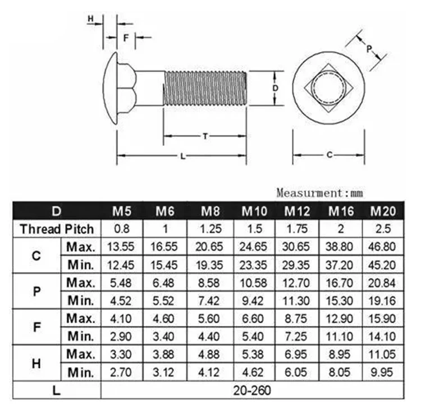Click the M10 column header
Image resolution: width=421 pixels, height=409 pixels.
click(x=254, y=212)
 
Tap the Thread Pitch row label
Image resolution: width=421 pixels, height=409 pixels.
click(x=57, y=229)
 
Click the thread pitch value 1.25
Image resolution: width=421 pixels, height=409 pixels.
click(x=210, y=229)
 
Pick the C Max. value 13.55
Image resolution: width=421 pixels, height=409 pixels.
click(x=122, y=247)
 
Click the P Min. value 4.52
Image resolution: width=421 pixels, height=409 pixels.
click(x=122, y=300)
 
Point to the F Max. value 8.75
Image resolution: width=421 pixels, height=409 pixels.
click(x=297, y=318)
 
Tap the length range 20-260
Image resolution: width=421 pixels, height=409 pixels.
click(x=253, y=390)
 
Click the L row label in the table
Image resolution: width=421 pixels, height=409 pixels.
click(x=57, y=390)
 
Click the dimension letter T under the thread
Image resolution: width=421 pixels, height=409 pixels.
click(x=205, y=136)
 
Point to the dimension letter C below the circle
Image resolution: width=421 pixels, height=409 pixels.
click(x=330, y=154)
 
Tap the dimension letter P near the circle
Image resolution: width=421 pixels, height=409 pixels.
click(x=369, y=49)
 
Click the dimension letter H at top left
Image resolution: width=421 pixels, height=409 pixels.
click(x=90, y=19)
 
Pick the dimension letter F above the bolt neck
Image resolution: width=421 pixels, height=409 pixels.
click(x=126, y=38)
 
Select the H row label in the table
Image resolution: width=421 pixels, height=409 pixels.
click(x=37, y=363)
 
